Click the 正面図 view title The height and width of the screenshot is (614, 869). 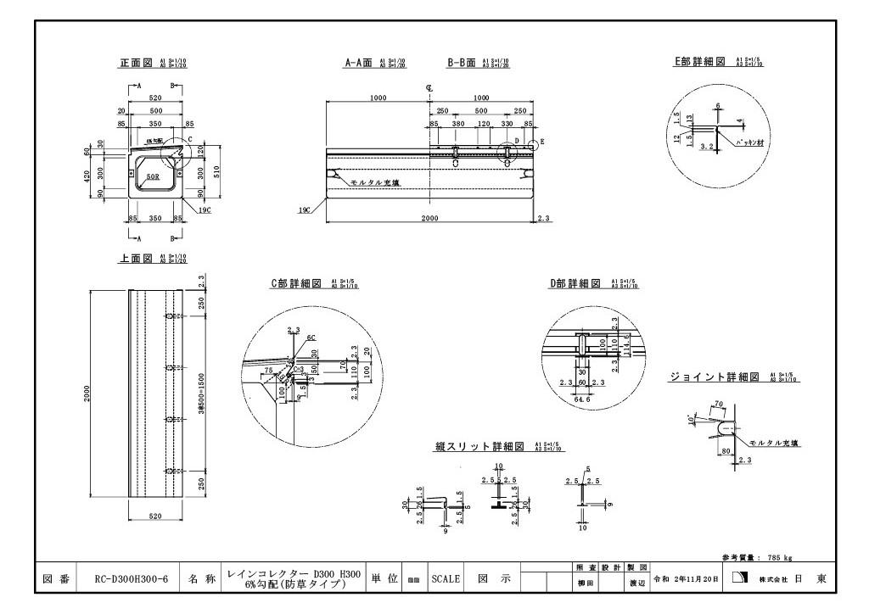pyautogui.click(x=135, y=64)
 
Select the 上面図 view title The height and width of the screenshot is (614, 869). pyautogui.click(x=135, y=259)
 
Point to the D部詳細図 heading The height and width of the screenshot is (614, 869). pyautogui.click(x=576, y=283)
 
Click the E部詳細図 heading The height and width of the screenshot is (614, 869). pyautogui.click(x=699, y=62)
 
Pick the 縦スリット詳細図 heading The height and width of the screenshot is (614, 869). pyautogui.click(x=480, y=446)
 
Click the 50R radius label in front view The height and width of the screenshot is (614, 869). pyautogui.click(x=153, y=177)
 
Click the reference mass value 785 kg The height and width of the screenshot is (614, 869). pyautogui.click(x=778, y=557)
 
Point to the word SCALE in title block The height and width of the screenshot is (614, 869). pyautogui.click(x=446, y=579)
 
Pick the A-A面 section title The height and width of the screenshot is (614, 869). pyautogui.click(x=359, y=63)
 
